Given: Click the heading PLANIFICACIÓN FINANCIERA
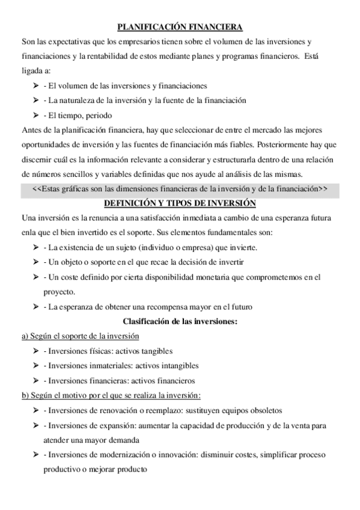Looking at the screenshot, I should pyautogui.click(x=180, y=27).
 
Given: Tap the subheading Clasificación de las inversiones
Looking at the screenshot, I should pyautogui.click(x=180, y=321).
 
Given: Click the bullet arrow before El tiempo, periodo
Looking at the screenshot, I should pyautogui.click(x=36, y=115).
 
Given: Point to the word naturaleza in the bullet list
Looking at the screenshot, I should pyautogui.click(x=81, y=100).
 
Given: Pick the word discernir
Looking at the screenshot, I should pyautogui.click(x=36, y=159).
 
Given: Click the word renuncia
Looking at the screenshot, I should pyautogui.click(x=103, y=218).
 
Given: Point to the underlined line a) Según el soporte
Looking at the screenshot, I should pyautogui.click(x=80, y=336).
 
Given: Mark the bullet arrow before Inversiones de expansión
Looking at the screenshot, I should pyautogui.click(x=36, y=425).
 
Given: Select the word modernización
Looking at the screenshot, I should pyautogui.click(x=121, y=455).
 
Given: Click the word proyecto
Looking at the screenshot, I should pyautogui.click(x=58, y=292).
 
